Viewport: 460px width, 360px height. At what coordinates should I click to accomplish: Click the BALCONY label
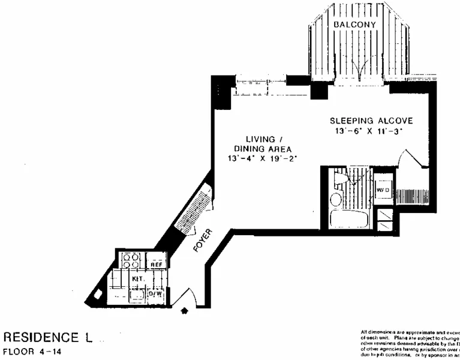(354, 25)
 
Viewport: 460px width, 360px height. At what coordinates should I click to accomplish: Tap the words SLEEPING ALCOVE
(371, 121)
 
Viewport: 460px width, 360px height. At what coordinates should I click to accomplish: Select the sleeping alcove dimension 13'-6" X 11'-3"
(371, 131)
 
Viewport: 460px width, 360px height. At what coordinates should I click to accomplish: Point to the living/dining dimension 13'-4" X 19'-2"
(263, 158)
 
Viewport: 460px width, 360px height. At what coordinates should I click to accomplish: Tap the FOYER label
(201, 240)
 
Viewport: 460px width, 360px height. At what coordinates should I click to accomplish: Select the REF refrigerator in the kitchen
(156, 264)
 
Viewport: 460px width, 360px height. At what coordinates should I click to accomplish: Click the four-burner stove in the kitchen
(131, 261)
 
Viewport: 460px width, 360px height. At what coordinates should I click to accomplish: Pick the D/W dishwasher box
(155, 294)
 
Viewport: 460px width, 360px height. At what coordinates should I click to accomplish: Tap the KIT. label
(137, 280)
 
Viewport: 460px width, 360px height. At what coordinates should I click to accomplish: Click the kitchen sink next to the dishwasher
(136, 294)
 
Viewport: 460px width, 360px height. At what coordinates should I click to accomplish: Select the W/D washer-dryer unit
(383, 190)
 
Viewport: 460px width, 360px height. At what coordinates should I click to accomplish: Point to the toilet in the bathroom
(341, 178)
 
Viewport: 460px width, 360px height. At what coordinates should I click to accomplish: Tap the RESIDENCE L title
(48, 337)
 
